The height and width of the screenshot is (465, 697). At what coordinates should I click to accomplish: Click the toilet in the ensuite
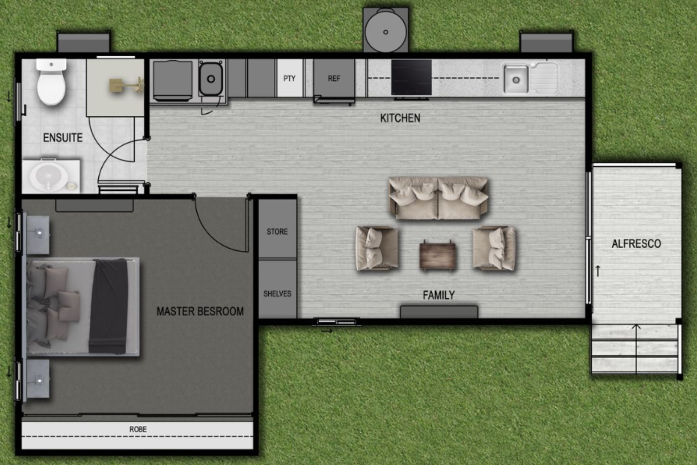click(x=51, y=82)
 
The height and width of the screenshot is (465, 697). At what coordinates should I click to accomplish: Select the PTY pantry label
click(x=289, y=78)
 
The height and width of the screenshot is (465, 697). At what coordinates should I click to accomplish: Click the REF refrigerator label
click(x=334, y=78)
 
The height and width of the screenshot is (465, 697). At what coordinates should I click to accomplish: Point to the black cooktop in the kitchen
click(x=411, y=78)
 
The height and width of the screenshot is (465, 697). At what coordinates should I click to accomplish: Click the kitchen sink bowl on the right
click(x=515, y=80)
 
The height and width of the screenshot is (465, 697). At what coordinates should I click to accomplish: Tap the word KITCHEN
click(x=400, y=118)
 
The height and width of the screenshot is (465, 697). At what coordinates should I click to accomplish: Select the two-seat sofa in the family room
click(x=438, y=198)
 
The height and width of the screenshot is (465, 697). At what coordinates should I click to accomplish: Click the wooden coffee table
click(x=437, y=255)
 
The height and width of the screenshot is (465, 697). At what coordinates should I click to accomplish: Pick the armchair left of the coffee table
click(x=377, y=248)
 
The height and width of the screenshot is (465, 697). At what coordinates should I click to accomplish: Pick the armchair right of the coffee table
click(x=494, y=248)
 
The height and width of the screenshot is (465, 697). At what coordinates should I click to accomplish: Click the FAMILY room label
click(x=439, y=295)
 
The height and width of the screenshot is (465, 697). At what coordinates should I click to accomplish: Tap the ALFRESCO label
click(x=636, y=244)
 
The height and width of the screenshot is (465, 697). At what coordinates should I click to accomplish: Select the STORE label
click(x=277, y=232)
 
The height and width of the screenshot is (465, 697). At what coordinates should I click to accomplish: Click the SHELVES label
click(x=277, y=294)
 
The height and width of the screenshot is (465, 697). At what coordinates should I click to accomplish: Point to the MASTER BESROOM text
click(x=200, y=311)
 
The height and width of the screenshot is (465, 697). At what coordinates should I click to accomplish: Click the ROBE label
click(x=138, y=429)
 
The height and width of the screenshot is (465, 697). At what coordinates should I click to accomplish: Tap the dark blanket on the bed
click(x=109, y=306)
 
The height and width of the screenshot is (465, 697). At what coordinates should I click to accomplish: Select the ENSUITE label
click(x=63, y=138)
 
